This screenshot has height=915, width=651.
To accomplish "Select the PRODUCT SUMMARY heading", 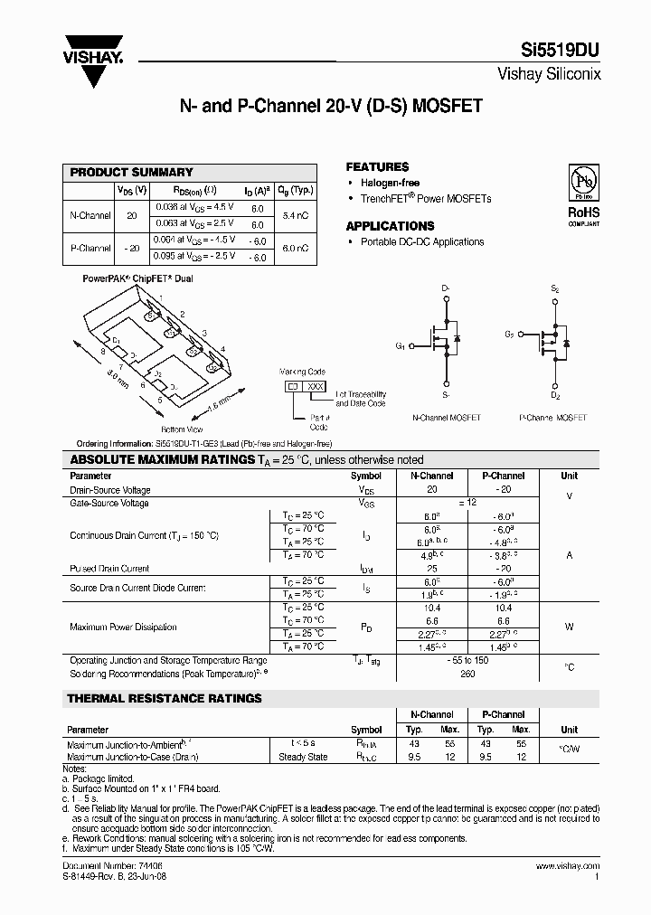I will click(x=131, y=172).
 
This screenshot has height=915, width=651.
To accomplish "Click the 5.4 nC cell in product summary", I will click(x=296, y=216).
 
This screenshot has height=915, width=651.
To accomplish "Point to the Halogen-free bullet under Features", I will click(x=390, y=183).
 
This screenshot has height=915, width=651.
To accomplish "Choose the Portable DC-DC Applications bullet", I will click(x=421, y=242).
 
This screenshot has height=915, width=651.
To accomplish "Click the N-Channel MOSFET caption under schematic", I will click(x=446, y=418).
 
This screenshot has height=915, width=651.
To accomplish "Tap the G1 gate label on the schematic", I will click(x=401, y=345).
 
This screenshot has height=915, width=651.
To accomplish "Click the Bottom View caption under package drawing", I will click(x=182, y=429).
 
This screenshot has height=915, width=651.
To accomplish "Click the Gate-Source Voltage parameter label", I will click(x=109, y=503).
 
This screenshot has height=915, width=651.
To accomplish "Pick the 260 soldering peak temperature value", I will click(x=467, y=674).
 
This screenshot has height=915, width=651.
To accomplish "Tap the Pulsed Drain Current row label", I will click(x=109, y=569).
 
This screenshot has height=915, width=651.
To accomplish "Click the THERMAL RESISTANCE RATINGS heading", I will click(x=165, y=698).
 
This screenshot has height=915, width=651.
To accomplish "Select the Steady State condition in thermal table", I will click(x=303, y=757).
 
